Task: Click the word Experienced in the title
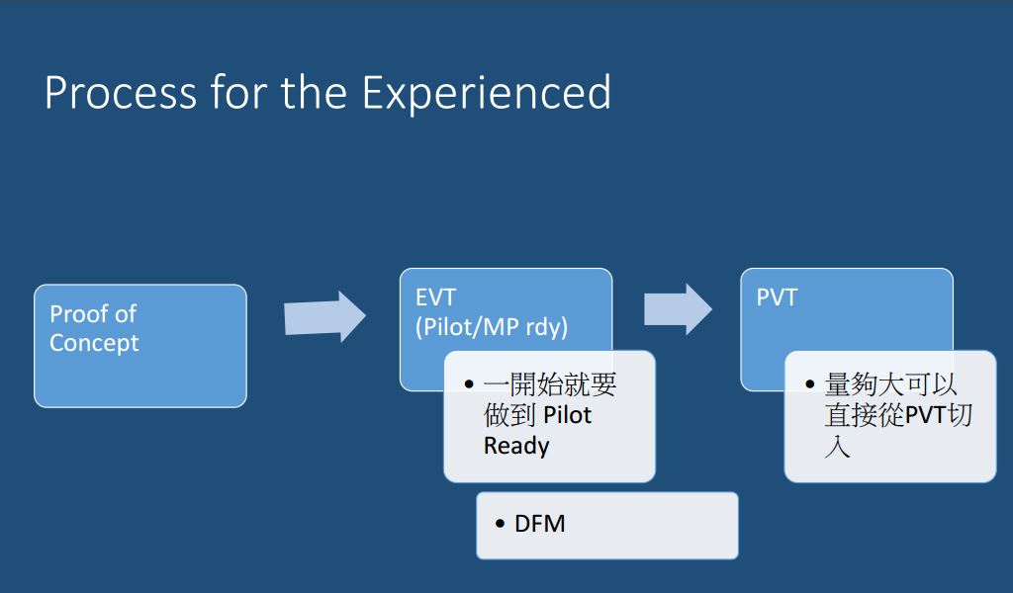(486, 94)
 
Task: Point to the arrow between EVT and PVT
(678, 309)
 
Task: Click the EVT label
(435, 296)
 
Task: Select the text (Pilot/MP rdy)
(491, 327)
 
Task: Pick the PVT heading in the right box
(777, 296)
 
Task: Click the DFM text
(540, 524)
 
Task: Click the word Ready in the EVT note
(515, 446)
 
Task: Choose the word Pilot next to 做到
(567, 415)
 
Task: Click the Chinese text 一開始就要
(550, 384)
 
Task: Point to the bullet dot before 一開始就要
(469, 384)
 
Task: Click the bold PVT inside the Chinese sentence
(926, 415)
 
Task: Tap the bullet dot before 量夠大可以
(810, 384)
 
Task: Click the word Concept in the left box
(94, 343)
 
